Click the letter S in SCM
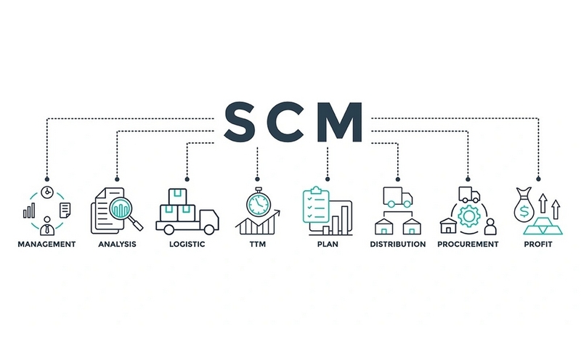(x=240, y=122)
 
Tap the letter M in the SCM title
(x=339, y=122)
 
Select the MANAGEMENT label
(x=46, y=245)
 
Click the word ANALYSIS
(x=117, y=245)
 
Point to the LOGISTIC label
(x=187, y=245)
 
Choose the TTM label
(x=258, y=245)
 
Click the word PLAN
(x=328, y=245)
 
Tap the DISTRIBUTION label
(x=398, y=245)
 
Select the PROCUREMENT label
(x=468, y=245)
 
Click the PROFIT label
(x=538, y=245)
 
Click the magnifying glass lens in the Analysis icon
(x=121, y=209)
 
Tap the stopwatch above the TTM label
(x=259, y=202)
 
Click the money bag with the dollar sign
(x=524, y=205)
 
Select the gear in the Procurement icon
(x=469, y=216)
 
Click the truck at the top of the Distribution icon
(x=397, y=197)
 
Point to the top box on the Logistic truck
(x=177, y=197)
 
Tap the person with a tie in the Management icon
(x=47, y=226)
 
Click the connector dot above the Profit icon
(x=538, y=179)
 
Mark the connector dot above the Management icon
(x=47, y=179)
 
